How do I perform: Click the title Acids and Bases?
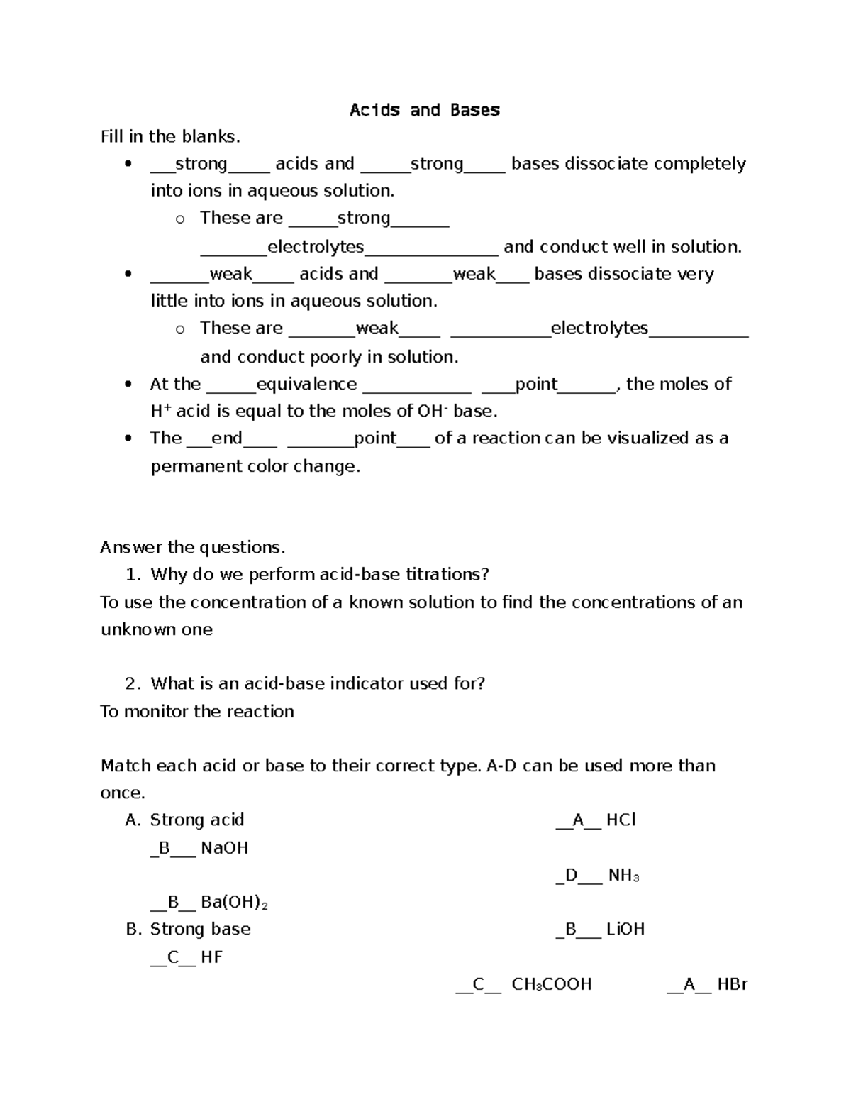(425, 110)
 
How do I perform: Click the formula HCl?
(621, 820)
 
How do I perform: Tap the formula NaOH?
(224, 848)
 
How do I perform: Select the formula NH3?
(623, 876)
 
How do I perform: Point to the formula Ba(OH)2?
(234, 903)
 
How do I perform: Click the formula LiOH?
(625, 930)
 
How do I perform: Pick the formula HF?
(211, 957)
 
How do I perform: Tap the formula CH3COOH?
(551, 985)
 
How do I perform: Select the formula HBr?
(732, 985)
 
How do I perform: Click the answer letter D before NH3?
(572, 876)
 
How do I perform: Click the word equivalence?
(306, 384)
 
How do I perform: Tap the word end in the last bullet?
(227, 439)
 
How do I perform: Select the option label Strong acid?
(196, 820)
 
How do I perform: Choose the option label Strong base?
(200, 930)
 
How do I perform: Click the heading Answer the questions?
(192, 547)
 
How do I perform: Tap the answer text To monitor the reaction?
(197, 711)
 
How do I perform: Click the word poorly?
(319, 357)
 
